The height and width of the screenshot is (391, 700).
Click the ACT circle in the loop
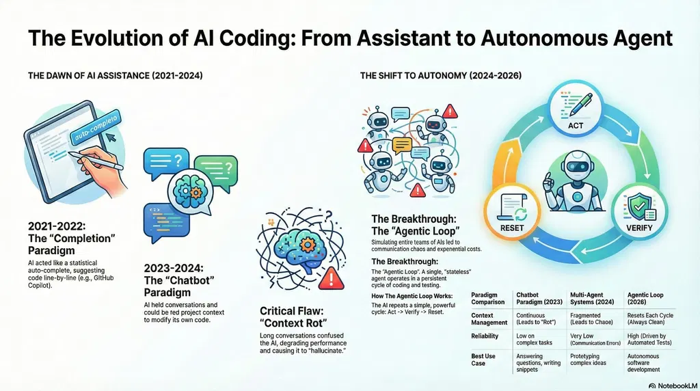(x=576, y=109)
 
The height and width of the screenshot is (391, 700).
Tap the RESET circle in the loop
(x=512, y=212)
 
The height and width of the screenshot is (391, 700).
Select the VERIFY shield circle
(x=639, y=212)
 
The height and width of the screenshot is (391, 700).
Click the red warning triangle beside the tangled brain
(x=331, y=278)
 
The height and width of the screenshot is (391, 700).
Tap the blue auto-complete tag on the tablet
(x=96, y=127)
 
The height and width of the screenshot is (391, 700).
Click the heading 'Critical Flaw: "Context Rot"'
(x=293, y=317)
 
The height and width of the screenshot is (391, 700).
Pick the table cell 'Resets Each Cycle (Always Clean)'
(x=650, y=319)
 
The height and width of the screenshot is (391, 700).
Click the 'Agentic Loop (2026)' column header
(x=645, y=298)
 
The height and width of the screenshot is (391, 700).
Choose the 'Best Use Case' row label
(x=483, y=360)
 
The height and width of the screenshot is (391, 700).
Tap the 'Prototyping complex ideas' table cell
(x=588, y=360)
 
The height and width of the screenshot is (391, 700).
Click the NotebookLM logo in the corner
(x=673, y=386)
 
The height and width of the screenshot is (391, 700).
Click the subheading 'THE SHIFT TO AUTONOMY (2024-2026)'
(x=441, y=76)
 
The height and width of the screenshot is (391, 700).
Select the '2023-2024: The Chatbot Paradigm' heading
(x=179, y=280)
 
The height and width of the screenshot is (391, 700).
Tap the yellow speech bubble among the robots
(x=402, y=146)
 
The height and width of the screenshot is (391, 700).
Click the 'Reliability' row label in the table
(x=485, y=336)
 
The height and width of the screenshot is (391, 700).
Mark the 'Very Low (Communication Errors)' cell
(x=595, y=339)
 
